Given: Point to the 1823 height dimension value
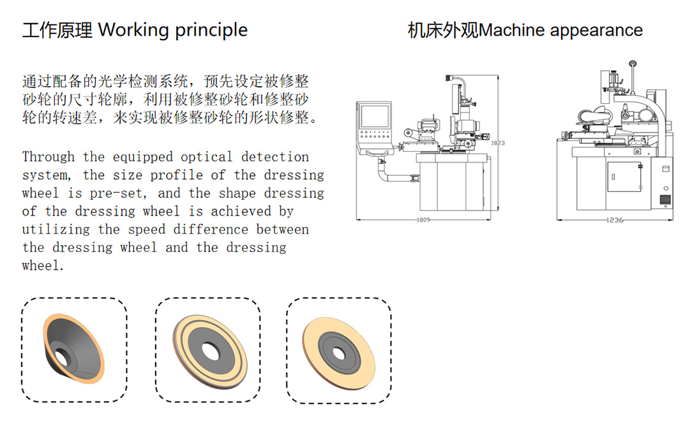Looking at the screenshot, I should click(x=497, y=143).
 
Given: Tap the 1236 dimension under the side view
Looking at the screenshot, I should click(x=615, y=220).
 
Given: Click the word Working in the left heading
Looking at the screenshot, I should click(x=133, y=30).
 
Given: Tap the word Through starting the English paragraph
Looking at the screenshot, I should click(x=49, y=157).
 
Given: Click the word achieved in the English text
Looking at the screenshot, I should click(x=241, y=211).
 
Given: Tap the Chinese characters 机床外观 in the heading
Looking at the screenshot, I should click(x=442, y=30).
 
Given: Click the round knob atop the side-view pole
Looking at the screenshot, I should click(x=633, y=64).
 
